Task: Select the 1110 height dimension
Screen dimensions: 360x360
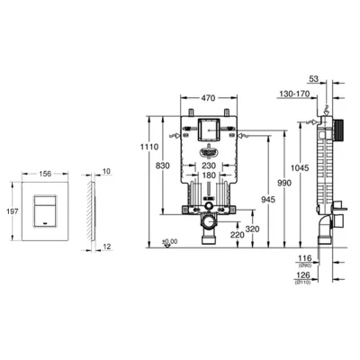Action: point(151,147)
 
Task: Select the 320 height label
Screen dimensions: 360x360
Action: point(252,229)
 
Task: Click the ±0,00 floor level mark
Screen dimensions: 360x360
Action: point(168,241)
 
